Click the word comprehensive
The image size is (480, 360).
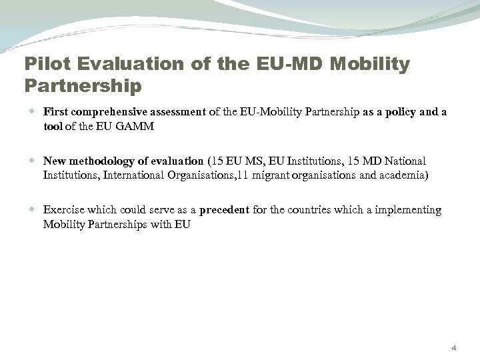107,111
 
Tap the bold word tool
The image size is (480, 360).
53,126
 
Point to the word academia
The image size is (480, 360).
404,175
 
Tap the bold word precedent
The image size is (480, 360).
224,210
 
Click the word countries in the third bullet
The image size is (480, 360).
313,210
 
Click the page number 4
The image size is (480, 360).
454,348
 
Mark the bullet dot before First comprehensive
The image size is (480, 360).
33,112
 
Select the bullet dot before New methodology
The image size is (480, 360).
33,161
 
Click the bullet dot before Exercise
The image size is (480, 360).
33,211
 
